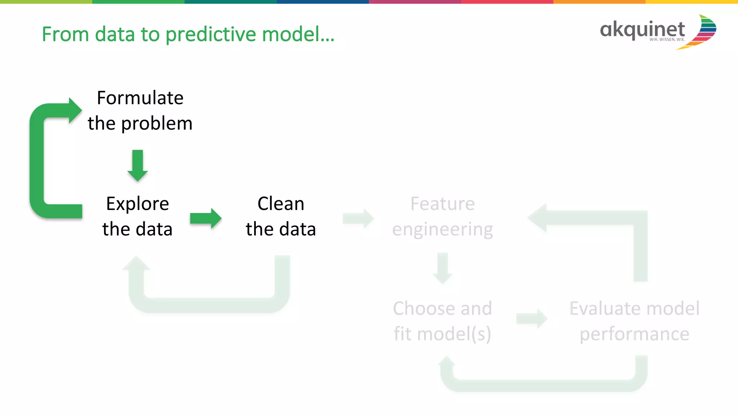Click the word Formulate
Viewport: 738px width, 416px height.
pos(140,98)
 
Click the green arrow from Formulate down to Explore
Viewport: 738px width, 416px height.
pos(138,166)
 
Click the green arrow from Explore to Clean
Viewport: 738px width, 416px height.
pos(205,218)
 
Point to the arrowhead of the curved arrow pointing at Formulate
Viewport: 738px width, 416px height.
pos(75,110)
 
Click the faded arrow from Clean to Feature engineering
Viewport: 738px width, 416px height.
pos(358,218)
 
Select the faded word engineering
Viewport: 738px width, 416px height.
pos(443,229)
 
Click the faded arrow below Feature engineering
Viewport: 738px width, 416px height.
pos(443,268)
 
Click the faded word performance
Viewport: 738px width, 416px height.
pos(634,334)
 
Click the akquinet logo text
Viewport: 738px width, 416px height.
pos(642,30)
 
